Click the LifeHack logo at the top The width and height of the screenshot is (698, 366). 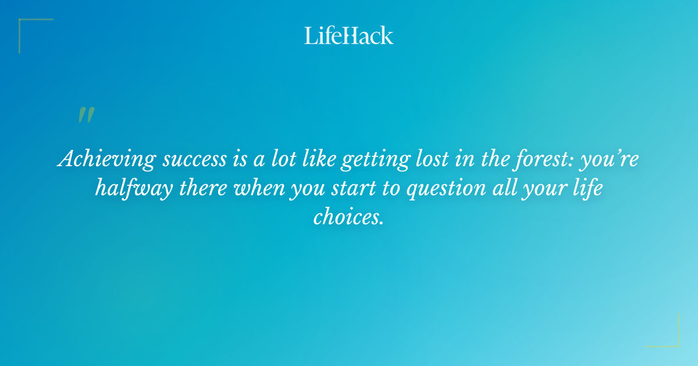point(349,35)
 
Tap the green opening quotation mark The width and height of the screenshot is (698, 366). point(86,115)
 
